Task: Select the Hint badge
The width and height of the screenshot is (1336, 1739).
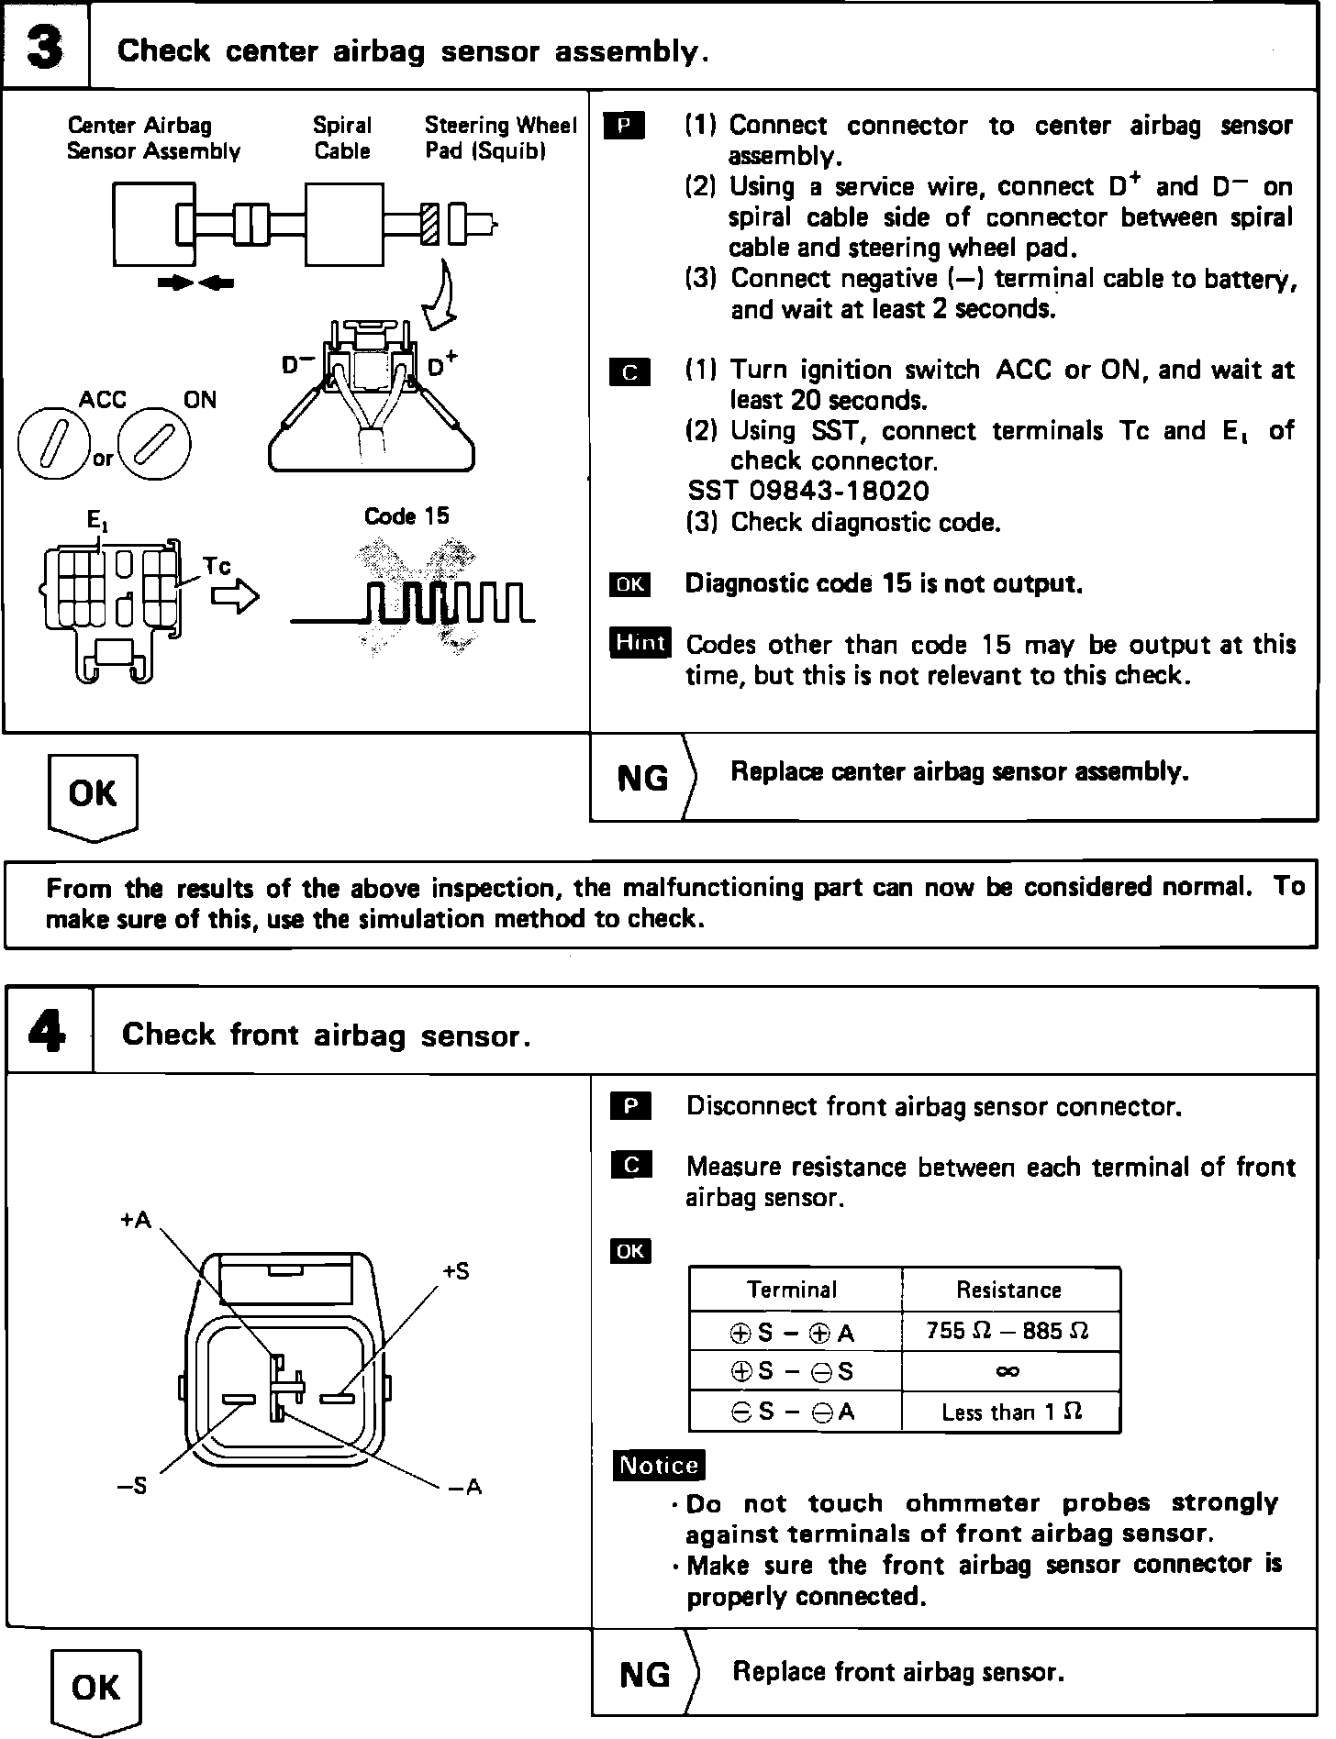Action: [640, 643]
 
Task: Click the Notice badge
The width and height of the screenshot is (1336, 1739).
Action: [659, 1465]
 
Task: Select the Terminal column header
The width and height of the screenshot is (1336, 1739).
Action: [792, 1290]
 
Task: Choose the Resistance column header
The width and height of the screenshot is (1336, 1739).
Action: [1008, 1290]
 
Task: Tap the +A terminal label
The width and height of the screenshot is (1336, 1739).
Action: [135, 1220]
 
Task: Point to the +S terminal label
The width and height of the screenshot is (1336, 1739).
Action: [456, 1271]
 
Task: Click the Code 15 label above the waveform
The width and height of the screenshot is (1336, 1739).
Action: [406, 516]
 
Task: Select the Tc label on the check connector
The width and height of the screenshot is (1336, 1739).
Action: [217, 566]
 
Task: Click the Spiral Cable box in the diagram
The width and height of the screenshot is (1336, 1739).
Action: [343, 225]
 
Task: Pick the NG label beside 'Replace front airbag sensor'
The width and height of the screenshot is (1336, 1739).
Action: [644, 1675]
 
